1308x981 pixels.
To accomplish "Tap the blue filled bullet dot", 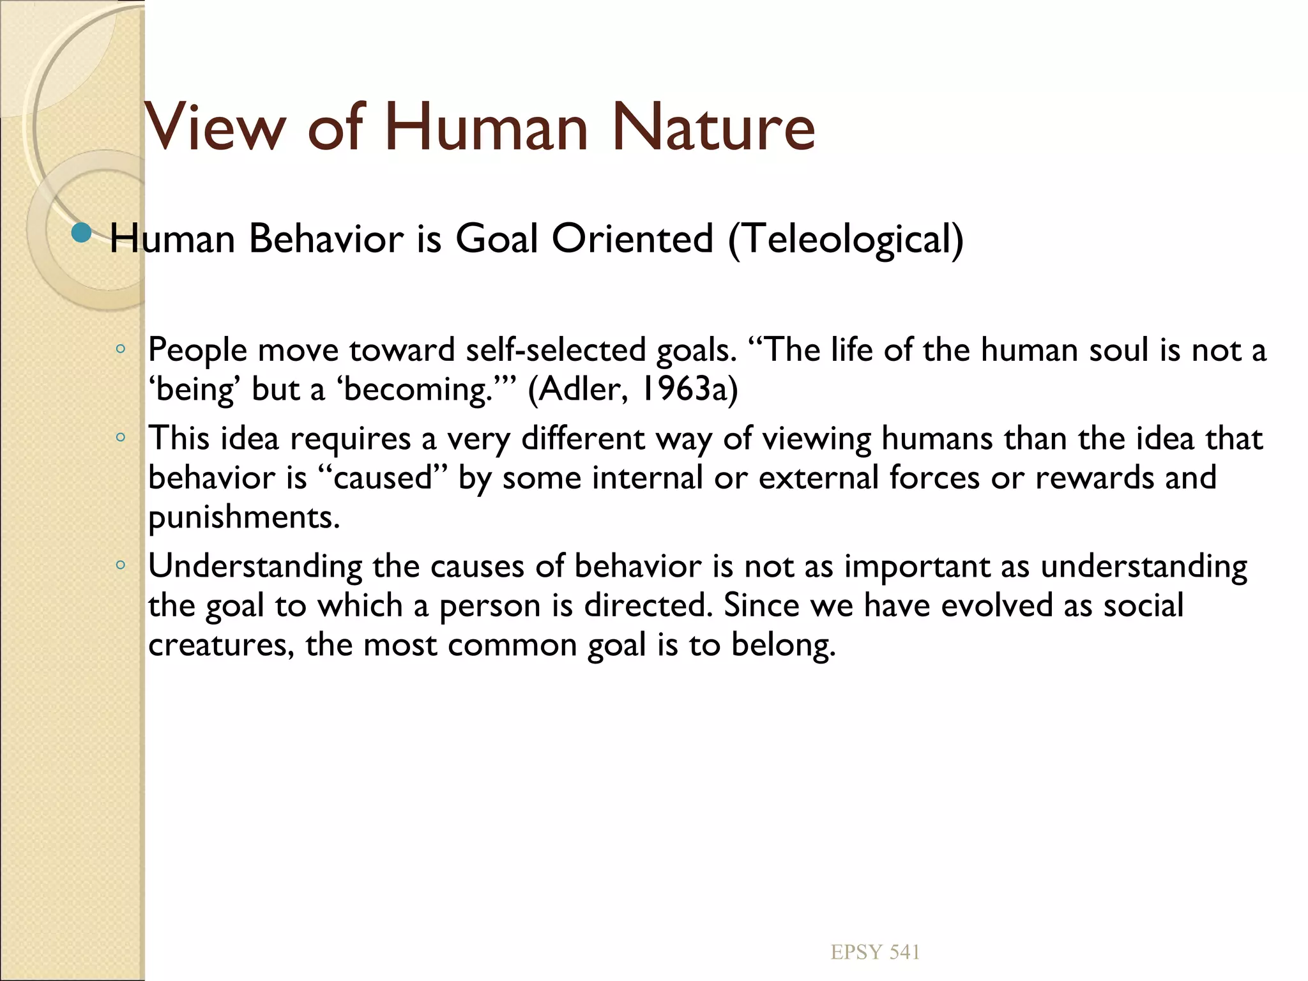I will (x=81, y=234).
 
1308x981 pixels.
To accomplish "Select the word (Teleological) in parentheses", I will (x=846, y=239).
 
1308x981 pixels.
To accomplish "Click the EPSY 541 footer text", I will (x=875, y=952).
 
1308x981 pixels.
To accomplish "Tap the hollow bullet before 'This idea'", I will (x=120, y=438).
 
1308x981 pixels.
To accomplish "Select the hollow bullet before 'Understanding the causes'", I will (x=120, y=565).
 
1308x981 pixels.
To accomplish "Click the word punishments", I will (x=243, y=517).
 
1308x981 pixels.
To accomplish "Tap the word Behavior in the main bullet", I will (x=326, y=239).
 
